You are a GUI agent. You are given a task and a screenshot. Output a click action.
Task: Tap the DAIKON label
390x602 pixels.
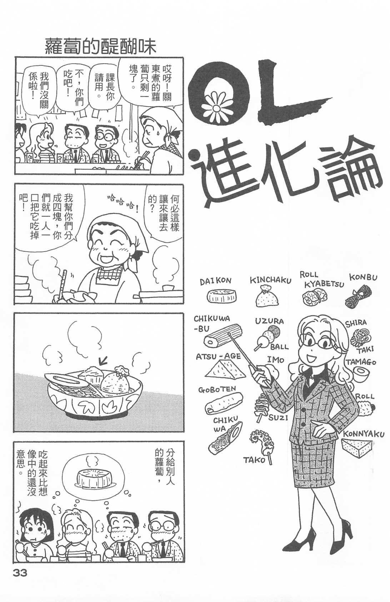(215, 281)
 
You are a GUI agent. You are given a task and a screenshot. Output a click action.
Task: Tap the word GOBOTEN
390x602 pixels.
(217, 389)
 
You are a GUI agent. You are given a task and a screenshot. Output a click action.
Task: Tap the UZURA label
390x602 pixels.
(269, 321)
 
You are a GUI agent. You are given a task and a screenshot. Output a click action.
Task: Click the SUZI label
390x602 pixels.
(278, 418)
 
